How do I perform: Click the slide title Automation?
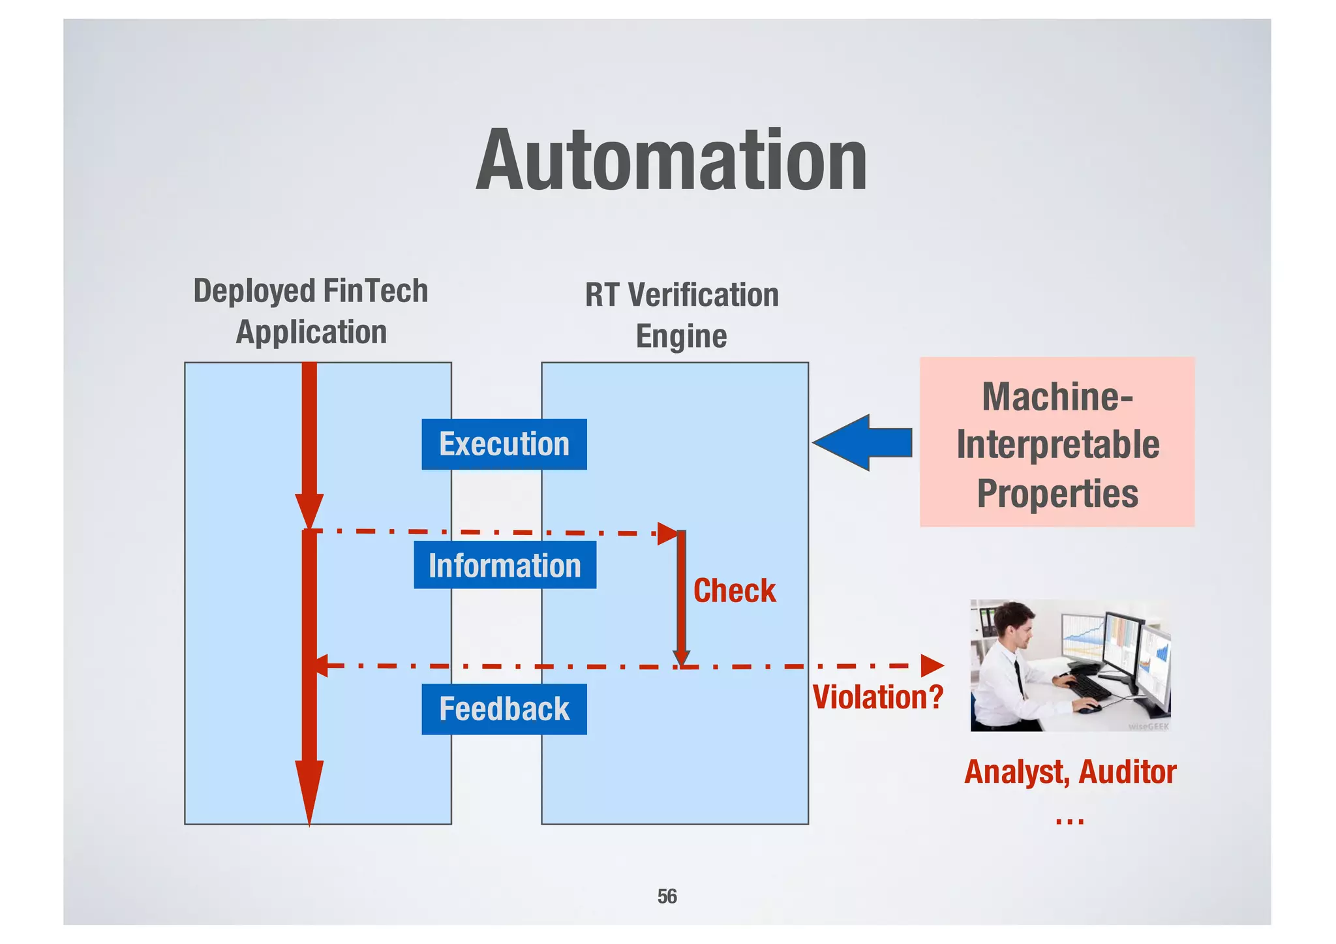671,160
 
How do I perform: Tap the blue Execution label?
504,444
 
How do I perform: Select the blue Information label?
504,565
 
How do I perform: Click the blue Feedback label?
504,709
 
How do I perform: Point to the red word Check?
734,591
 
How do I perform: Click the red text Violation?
877,697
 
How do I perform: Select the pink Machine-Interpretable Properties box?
1057,442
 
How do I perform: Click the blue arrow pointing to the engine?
861,442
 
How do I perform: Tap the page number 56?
667,896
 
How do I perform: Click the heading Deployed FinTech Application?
311,311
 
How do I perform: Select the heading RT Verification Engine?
681,315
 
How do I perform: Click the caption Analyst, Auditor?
1070,772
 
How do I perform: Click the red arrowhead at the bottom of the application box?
309,789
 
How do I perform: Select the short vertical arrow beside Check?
681,597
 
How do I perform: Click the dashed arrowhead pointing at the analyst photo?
932,665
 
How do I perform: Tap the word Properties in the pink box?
1057,493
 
